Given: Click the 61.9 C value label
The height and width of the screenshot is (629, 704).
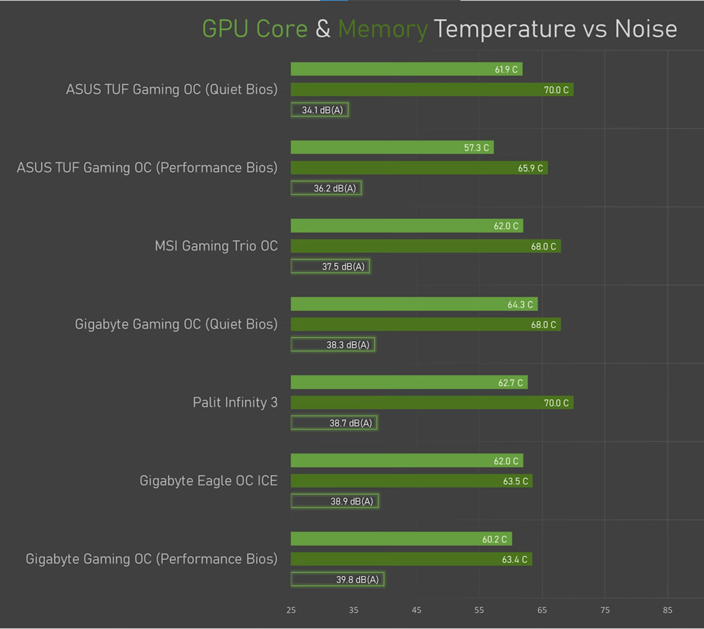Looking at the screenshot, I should tap(506, 70).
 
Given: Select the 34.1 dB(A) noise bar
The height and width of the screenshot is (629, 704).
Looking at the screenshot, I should tap(320, 110).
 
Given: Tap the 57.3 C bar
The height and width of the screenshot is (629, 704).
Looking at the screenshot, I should tap(392, 148).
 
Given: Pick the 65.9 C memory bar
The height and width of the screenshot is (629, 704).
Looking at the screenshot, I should tap(419, 168).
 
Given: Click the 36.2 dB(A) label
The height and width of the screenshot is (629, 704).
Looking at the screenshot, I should tap(335, 188).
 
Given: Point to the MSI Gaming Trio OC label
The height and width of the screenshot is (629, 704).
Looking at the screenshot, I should tap(216, 246).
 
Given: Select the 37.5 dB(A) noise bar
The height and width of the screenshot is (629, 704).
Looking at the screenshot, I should tap(330, 266).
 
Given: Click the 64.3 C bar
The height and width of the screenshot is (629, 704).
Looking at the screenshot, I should tap(414, 304).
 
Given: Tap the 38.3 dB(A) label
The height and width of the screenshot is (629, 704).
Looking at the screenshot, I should tap(348, 345).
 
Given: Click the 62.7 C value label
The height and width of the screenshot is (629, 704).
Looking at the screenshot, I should tap(510, 383).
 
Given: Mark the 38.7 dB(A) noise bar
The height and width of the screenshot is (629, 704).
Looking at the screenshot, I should tap(334, 423).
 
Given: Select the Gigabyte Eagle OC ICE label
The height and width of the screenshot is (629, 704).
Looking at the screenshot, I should tap(208, 481).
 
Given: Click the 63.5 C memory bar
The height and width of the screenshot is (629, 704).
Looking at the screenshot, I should tap(412, 481).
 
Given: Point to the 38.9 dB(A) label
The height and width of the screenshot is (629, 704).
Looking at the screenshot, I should tap(352, 501).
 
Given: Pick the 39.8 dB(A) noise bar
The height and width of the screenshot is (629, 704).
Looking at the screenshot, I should tap(338, 579).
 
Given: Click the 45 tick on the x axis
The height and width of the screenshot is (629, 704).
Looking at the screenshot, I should tap(416, 610).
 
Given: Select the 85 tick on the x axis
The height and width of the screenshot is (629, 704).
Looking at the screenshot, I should tap(667, 610).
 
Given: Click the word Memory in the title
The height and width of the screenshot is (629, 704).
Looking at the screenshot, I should tap(383, 29).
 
